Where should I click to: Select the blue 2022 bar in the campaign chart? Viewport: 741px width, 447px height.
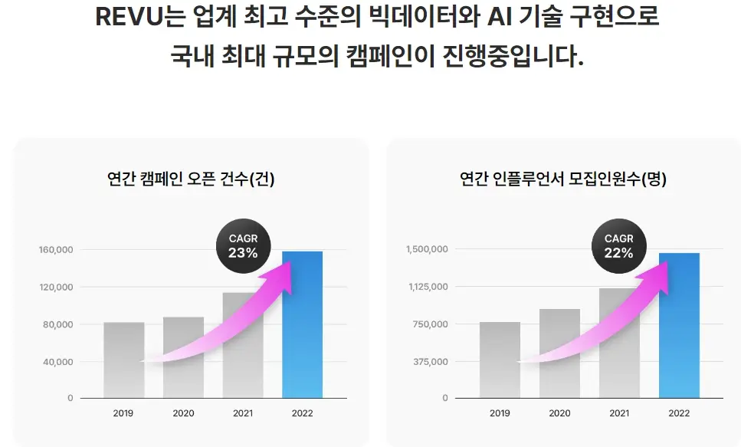click(x=302, y=326)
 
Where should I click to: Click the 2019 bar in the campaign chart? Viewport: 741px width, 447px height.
click(x=124, y=360)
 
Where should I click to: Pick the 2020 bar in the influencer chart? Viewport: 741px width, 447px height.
click(x=559, y=354)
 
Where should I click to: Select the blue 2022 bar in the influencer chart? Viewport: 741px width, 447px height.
click(x=679, y=326)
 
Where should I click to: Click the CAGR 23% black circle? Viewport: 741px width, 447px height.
click(x=243, y=246)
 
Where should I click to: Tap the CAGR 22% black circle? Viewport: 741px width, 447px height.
click(x=618, y=246)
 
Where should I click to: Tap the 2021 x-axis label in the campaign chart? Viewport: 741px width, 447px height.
click(x=242, y=413)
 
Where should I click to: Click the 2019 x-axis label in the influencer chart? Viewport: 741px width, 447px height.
click(x=500, y=413)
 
